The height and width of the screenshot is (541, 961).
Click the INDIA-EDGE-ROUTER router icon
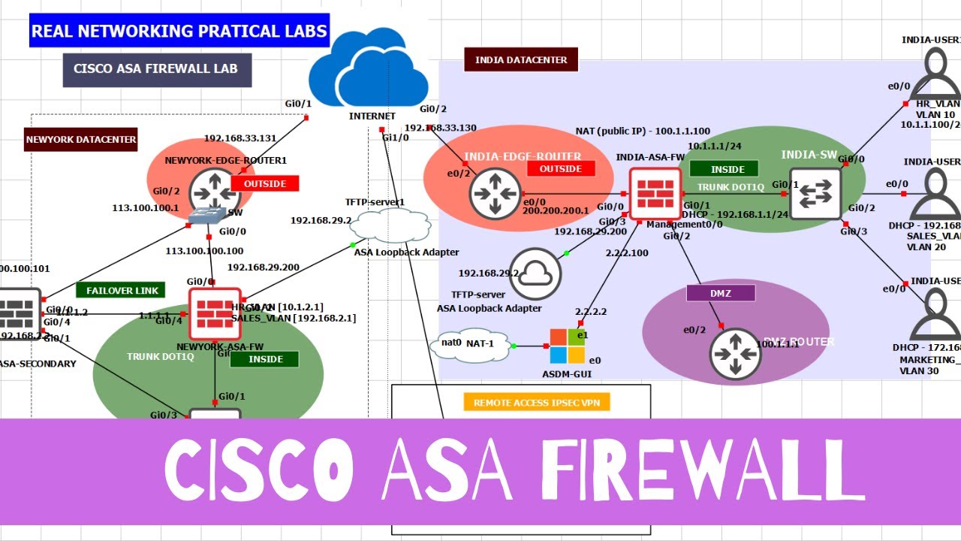(495, 195)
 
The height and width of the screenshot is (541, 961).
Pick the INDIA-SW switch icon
(815, 194)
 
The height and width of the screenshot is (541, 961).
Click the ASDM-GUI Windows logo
(567, 346)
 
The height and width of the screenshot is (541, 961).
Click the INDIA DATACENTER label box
(521, 59)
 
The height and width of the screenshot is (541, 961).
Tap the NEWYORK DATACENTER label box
(81, 139)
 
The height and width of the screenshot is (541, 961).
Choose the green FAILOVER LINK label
(121, 290)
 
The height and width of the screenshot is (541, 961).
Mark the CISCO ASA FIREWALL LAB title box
(156, 69)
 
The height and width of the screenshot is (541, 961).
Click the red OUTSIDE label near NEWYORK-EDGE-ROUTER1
(264, 183)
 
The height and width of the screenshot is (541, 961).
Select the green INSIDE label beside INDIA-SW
(728, 169)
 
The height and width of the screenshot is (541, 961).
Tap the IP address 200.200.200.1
(556, 211)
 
